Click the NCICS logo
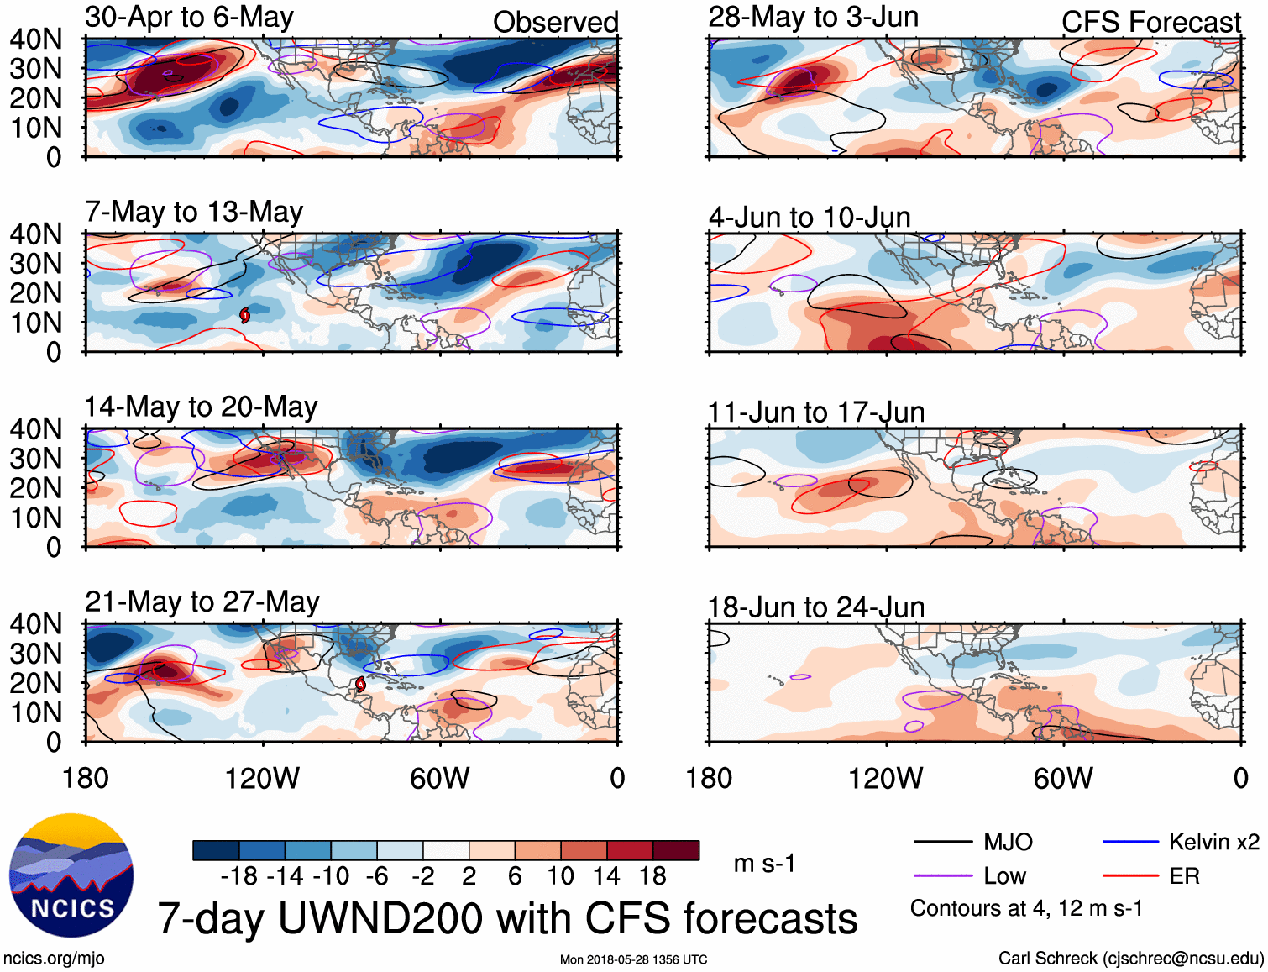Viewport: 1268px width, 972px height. tap(71, 875)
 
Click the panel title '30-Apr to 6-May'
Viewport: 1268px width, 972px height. tap(189, 17)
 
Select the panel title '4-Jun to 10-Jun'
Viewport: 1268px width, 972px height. tap(810, 217)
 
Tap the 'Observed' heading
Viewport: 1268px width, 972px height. tap(555, 22)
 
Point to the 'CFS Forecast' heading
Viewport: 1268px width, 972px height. tap(1150, 22)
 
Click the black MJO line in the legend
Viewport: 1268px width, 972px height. tap(942, 842)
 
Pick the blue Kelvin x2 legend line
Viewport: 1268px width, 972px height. tap(1130, 842)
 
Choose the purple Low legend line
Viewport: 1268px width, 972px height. tap(942, 876)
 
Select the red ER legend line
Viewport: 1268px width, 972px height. tap(1130, 876)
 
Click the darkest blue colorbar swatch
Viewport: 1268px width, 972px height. tap(216, 850)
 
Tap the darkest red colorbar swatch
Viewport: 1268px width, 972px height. tap(676, 850)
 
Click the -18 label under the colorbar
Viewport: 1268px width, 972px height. tap(238, 876)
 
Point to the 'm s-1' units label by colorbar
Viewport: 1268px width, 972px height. tap(764, 864)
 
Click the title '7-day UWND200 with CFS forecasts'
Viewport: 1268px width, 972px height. tap(507, 918)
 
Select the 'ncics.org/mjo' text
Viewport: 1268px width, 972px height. tap(54, 959)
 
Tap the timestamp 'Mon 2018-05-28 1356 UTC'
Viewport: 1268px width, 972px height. tap(633, 959)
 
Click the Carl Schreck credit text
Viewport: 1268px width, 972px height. tap(1130, 959)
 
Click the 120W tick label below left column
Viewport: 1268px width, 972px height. tap(262, 778)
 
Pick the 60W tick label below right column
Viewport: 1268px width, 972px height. tap(1063, 778)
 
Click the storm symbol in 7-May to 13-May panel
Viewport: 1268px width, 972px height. tap(244, 315)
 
